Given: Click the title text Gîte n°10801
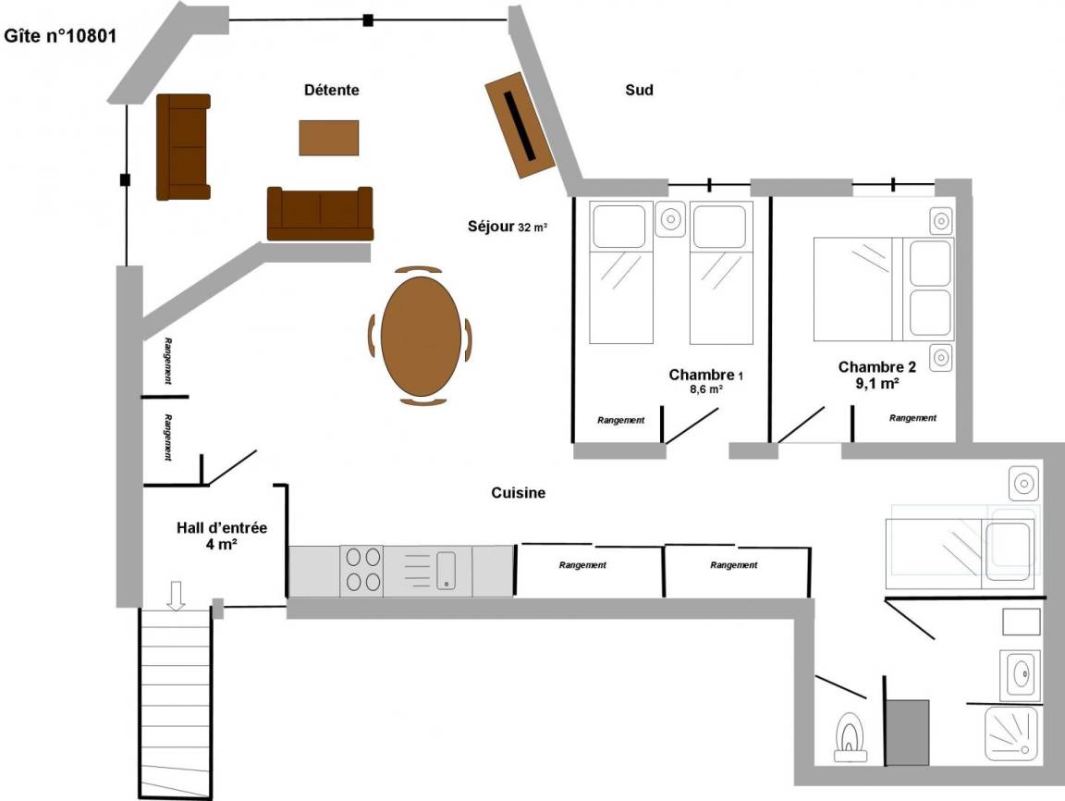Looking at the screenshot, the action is coord(60,36).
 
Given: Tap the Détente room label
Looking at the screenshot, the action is coord(332,90).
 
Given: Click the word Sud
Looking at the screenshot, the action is coord(639,90).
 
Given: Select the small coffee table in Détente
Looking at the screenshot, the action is coord(329,138).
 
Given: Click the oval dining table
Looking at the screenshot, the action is coord(422,337).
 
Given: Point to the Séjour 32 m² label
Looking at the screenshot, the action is coord(508,227).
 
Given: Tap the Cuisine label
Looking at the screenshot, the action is coord(519,493).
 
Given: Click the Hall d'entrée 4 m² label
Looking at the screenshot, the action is coord(222,536).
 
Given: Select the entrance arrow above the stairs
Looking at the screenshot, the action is coord(176,596).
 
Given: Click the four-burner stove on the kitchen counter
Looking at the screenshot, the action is coord(361,571).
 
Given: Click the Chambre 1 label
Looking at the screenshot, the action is coord(705,375).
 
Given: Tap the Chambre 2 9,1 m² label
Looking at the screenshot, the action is coord(876,375).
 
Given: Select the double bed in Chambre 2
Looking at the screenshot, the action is coord(884,289).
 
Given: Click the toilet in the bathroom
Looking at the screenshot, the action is coord(851,737).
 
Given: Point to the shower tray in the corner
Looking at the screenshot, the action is coord(1011,733).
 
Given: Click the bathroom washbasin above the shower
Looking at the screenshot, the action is coord(1021,674).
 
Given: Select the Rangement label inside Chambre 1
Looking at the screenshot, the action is coord(621,420).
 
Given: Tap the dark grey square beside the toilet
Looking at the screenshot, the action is coord(908,733).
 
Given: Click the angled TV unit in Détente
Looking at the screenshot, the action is coord(520,125).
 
